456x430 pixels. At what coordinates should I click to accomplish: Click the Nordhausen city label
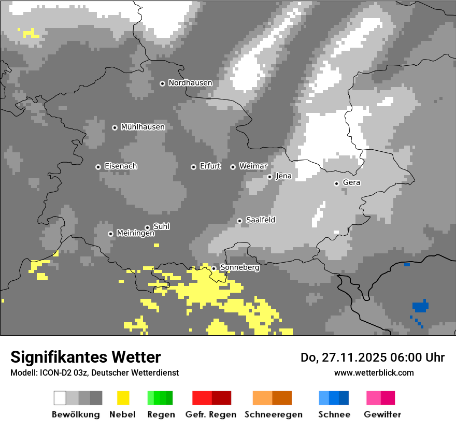[x=190, y=83]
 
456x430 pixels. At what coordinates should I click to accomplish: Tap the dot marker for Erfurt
[x=193, y=167]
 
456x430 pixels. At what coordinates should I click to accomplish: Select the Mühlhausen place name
[x=142, y=127]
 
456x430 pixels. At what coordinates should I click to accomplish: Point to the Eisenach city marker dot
[x=98, y=167]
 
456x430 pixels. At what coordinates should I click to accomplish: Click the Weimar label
[x=253, y=166]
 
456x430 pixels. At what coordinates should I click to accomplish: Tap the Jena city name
[x=283, y=176]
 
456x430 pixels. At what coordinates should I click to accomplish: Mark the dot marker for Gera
[x=336, y=183]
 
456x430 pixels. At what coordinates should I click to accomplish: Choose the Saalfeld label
[x=260, y=220]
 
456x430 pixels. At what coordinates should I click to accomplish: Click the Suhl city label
[x=161, y=226]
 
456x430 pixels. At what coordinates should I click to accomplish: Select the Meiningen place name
[x=135, y=233]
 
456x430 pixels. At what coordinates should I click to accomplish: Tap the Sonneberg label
[x=239, y=268]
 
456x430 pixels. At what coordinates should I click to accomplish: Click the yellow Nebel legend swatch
[x=123, y=398]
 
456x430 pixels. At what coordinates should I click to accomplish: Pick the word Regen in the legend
[x=160, y=414]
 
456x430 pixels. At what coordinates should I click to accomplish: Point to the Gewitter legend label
[x=382, y=414]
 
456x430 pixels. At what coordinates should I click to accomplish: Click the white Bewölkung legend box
[x=60, y=398]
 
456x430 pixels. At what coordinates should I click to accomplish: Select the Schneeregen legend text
[x=273, y=414]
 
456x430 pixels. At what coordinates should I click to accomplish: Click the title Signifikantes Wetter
[x=85, y=357]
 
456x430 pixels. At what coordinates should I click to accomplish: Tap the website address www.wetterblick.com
[x=374, y=372]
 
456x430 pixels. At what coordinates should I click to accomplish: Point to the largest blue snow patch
[x=420, y=307]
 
